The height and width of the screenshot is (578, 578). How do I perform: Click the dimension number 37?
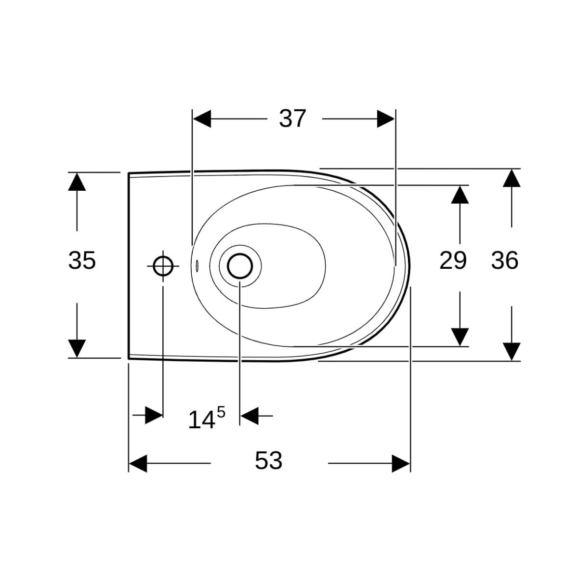pos(292,118)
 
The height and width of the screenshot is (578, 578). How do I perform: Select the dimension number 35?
pos(82,261)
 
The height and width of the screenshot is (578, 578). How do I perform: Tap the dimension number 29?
pos(453,261)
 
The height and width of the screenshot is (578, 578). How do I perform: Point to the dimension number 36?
pos(505,261)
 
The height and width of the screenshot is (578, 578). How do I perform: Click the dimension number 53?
pos(268,461)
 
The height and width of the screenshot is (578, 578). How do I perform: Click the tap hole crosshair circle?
pos(163,266)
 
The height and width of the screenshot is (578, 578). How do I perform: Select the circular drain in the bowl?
pos(239,266)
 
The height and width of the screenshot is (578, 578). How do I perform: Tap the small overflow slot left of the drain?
pos(197,265)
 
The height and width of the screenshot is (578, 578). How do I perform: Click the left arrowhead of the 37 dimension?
pos(202,118)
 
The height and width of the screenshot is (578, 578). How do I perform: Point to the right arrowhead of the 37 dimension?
pos(386,118)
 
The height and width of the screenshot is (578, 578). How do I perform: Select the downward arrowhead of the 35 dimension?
pos(77,348)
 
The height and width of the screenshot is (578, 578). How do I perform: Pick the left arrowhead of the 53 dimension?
pos(138,463)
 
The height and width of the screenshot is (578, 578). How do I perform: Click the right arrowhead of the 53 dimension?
pos(401,463)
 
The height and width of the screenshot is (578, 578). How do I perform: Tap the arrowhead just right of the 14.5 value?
pos(249,415)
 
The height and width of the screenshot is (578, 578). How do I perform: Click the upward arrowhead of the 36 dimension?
pos(512,179)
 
